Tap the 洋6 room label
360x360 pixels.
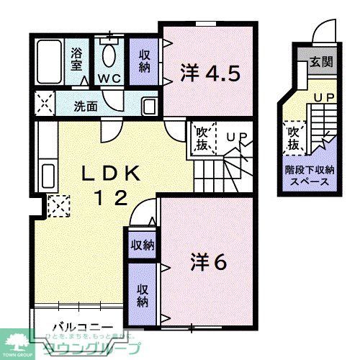pos(209,262)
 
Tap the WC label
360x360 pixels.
pos(109,78)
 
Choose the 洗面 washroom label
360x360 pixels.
pos(86,105)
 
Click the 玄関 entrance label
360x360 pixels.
pos(320,62)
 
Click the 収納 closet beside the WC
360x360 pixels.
pos(143,61)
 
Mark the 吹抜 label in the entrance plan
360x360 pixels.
pos(293,138)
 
